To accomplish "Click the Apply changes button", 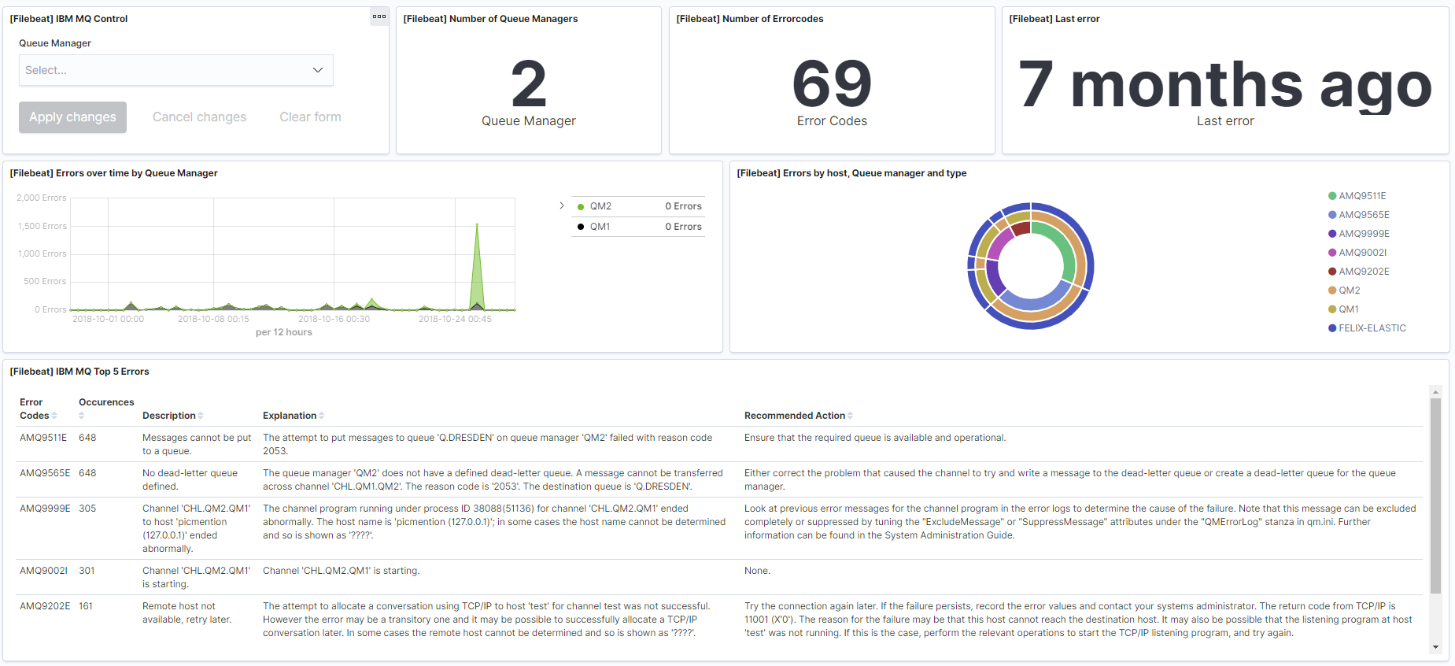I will point(72,117).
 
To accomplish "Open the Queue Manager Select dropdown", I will point(175,70).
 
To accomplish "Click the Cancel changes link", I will point(199,117).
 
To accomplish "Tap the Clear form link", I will point(310,117).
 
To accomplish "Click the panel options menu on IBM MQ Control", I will point(379,17).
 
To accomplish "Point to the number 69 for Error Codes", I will point(832,84).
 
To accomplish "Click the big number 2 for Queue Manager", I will point(528,84).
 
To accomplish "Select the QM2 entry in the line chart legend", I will point(600,206).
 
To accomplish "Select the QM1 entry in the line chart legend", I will point(600,227).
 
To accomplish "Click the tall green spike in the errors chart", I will point(477,260).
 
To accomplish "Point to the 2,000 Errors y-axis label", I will point(42,198).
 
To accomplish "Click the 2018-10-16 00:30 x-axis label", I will point(334,319).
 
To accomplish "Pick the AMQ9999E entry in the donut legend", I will point(1364,234).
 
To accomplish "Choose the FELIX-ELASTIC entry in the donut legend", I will point(1372,328).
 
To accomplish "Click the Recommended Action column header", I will point(795,416).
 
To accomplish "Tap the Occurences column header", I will point(106,402).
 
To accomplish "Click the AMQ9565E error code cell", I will point(45,473).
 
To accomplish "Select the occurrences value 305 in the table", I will point(87,509).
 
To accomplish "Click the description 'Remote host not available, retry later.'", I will point(187,612).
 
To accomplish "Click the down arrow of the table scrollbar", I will point(1435,647).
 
